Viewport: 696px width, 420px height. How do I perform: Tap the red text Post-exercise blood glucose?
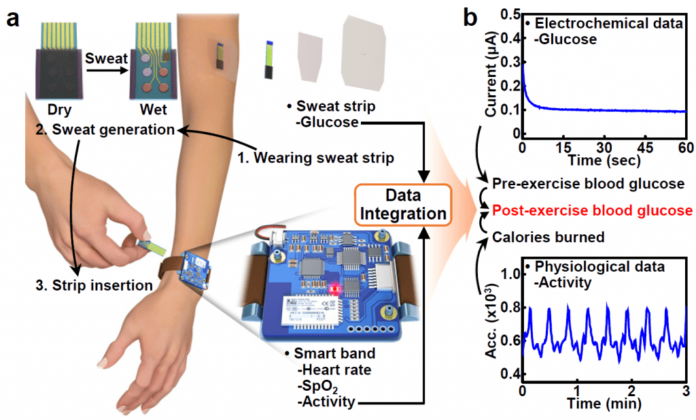592,210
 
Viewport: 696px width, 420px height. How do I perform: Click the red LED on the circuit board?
333,289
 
